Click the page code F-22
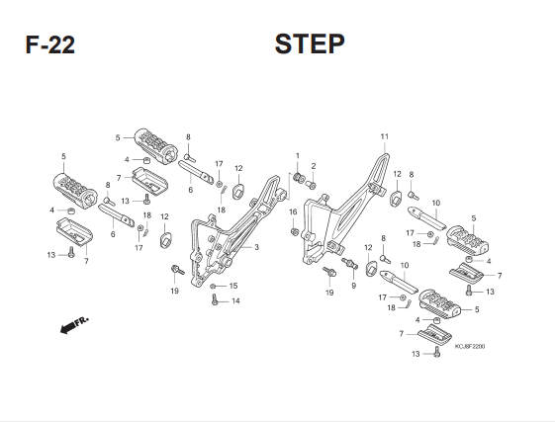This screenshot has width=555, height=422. (x=49, y=44)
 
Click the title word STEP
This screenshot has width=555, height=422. (x=310, y=43)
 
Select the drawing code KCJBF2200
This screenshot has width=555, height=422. (x=470, y=346)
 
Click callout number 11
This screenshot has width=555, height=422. (x=385, y=136)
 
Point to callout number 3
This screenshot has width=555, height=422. (x=256, y=247)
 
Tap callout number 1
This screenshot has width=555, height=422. (x=298, y=155)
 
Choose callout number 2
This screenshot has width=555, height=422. (x=314, y=166)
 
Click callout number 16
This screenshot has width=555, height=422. (x=293, y=211)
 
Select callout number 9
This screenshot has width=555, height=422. (x=353, y=286)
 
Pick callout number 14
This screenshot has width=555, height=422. (x=235, y=301)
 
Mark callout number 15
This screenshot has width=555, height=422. (x=233, y=286)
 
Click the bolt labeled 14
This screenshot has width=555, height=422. (x=214, y=299)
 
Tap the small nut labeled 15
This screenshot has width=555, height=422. (x=213, y=286)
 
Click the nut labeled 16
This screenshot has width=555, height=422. (x=294, y=231)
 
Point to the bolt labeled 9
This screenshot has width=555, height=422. (x=349, y=263)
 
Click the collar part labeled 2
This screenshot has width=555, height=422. (x=311, y=185)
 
